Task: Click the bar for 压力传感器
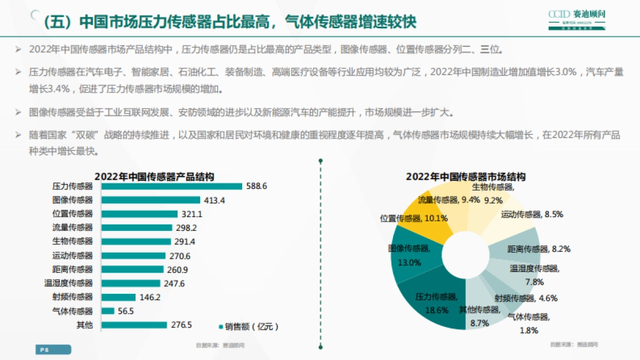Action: (171, 186)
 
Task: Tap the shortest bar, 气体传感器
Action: (107, 311)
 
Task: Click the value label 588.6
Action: (257, 186)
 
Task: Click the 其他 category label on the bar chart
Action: (84, 325)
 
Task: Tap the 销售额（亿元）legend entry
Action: (249, 326)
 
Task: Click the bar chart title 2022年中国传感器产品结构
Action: (155, 176)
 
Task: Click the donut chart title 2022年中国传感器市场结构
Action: (466, 176)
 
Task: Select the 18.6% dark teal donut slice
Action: (432, 299)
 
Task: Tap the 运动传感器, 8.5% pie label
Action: (532, 214)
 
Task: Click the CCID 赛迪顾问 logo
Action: (578, 18)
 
